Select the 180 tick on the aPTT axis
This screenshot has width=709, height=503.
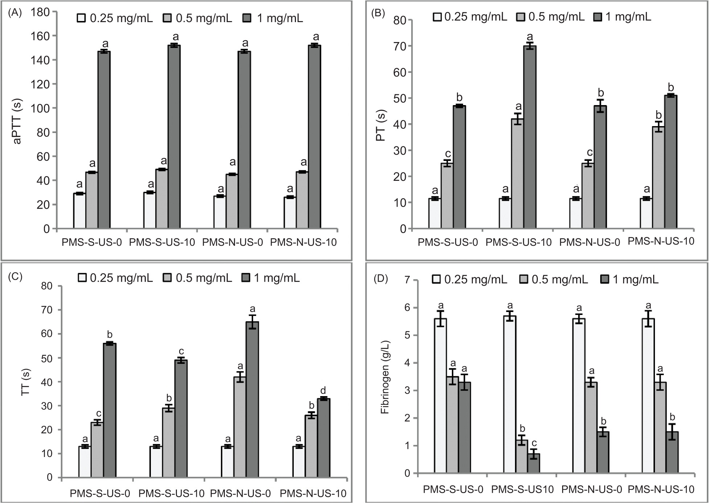pos(40,12)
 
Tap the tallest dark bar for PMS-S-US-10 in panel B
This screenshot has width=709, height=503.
pos(530,137)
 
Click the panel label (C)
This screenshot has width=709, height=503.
pos(15,277)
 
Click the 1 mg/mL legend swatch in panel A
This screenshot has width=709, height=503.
pos(247,18)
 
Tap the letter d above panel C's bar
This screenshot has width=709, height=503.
pos(323,390)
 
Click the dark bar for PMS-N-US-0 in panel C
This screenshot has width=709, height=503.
pos(252,399)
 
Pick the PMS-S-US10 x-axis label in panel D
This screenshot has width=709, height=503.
pos(523,490)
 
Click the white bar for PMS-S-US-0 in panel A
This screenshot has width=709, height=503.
pos(79,211)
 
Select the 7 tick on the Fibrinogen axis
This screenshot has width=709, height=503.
pos(408,280)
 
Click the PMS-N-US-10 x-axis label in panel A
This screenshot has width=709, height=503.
pos(304,242)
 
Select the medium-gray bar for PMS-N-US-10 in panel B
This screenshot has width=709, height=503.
pos(659,178)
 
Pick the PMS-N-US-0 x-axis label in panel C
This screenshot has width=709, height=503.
pos(240,493)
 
